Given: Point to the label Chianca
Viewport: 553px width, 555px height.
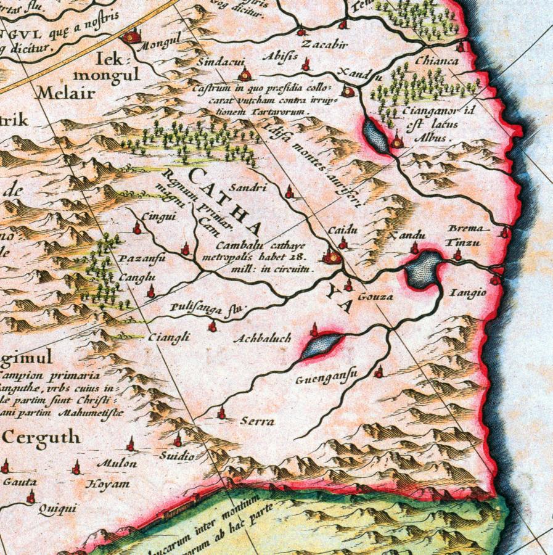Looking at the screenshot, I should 436,61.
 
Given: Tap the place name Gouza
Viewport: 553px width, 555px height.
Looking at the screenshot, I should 375,297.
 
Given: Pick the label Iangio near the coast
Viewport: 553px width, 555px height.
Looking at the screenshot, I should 472,292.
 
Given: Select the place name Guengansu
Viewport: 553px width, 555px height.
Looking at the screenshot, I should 318,380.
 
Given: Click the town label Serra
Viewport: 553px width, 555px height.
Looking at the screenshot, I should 257,422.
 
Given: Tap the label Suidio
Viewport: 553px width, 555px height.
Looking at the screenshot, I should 178,456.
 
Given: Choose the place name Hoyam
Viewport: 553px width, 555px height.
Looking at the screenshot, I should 109,484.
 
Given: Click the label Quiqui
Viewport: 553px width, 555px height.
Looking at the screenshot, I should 57,509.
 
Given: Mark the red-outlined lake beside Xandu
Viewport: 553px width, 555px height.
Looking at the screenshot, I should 422,269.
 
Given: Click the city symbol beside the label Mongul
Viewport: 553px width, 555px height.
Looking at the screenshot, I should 130,37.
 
